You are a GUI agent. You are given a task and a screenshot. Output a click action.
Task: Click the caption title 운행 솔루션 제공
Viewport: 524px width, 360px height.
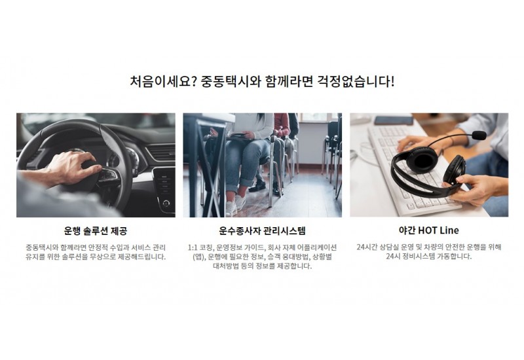[96, 231]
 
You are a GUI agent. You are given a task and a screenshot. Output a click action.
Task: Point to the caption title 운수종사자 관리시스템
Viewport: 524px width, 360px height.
[263, 230]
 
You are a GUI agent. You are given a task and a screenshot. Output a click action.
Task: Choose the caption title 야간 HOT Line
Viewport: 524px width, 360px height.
[429, 230]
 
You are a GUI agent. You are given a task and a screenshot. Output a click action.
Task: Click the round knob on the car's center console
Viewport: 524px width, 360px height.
[166, 203]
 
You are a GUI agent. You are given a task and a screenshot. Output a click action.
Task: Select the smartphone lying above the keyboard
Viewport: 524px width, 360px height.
[394, 120]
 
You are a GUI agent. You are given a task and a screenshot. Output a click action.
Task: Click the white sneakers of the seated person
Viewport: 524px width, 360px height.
[236, 204]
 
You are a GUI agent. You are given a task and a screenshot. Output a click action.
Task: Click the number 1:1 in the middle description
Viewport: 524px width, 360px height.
[193, 248]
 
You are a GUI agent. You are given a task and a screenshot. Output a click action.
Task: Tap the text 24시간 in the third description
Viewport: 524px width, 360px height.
[368, 247]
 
